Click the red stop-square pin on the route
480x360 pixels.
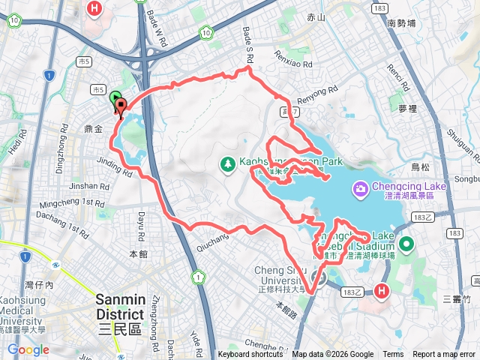tap(121, 106)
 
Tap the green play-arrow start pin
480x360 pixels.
tap(115, 98)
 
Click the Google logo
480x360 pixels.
tap(28, 349)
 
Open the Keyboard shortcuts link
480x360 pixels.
tap(250, 355)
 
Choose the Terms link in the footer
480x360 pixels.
tap(393, 355)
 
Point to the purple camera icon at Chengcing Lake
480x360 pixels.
tap(360, 187)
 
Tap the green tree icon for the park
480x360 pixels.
tap(227, 163)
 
